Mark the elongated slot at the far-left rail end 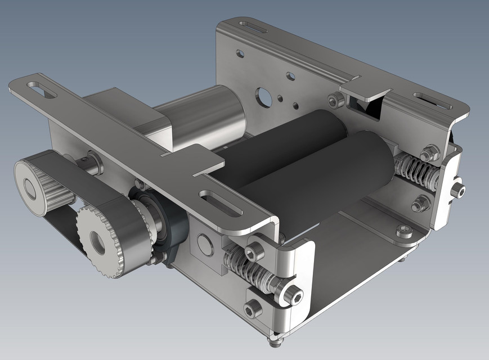click(41, 89)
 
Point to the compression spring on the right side click(414, 170)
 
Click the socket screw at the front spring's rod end click(291, 292)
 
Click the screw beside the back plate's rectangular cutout click(337, 101)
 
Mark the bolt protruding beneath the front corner click(275, 340)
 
